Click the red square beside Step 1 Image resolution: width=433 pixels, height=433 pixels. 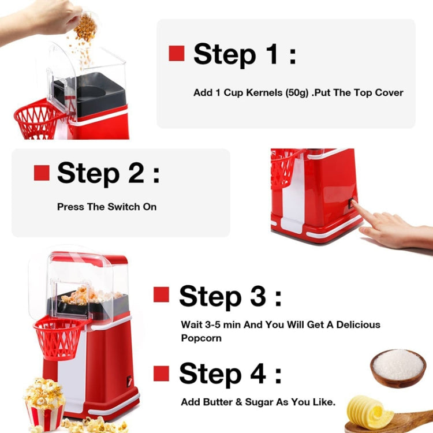pyautogui.click(x=176, y=54)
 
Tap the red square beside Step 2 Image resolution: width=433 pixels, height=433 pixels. pyautogui.click(x=42, y=173)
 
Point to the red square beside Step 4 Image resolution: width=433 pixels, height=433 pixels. pyautogui.click(x=161, y=373)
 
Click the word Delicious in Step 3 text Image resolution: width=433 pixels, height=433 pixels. pyautogui.click(x=353, y=324)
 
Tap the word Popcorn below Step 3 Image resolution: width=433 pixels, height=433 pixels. pyautogui.click(x=201, y=338)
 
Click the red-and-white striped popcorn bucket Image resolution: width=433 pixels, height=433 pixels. pyautogui.click(x=44, y=414)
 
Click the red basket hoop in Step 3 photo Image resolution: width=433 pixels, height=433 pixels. pyautogui.click(x=59, y=337)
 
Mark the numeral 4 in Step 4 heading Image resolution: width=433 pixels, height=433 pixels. pyautogui.click(x=256, y=374)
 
